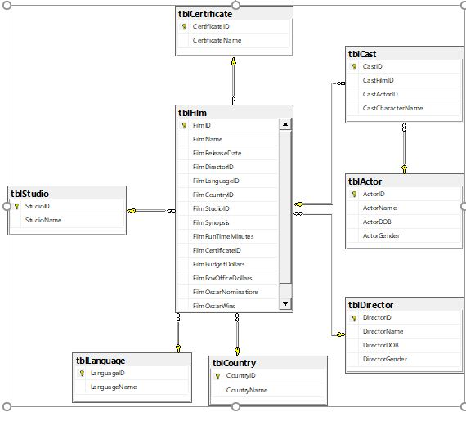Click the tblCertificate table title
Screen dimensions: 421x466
pos(205,14)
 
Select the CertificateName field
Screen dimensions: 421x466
pos(217,40)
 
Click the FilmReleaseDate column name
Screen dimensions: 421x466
pos(217,153)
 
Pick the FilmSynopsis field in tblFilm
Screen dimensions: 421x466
pos(211,222)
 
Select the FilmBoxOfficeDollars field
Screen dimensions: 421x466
pos(222,278)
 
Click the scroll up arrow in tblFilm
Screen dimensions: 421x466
pos(285,125)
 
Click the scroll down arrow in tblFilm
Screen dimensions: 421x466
pos(285,303)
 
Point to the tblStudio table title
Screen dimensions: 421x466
pos(29,194)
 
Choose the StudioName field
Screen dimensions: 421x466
pos(43,220)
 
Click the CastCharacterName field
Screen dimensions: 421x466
pos(392,108)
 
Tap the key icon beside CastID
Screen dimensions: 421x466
pos(353,66)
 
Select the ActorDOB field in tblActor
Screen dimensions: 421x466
pos(379,222)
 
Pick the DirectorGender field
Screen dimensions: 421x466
pos(384,359)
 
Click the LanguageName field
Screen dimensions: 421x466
pos(114,387)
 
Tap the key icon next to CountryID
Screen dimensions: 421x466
pos(217,376)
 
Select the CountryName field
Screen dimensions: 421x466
pos(247,390)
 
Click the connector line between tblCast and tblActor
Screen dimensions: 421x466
pos(403,148)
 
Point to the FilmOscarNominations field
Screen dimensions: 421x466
pos(226,292)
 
